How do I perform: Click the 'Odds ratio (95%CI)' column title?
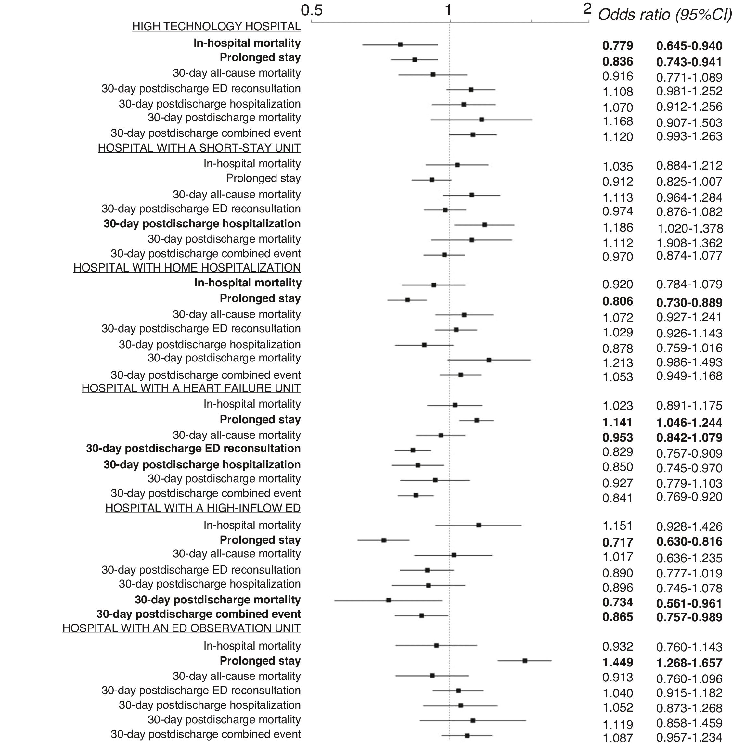tap(665, 15)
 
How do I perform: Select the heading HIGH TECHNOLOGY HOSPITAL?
tap(216, 27)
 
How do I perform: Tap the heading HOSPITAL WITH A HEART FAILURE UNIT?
tap(191, 388)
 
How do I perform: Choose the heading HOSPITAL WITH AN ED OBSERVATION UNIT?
tap(182, 628)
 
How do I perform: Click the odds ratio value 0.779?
tap(617, 46)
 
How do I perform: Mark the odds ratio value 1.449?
tap(617, 663)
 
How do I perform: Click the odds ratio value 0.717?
tap(617, 542)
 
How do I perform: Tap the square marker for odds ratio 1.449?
tap(525, 661)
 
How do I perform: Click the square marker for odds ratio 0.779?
tap(400, 44)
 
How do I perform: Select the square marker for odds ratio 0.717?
tap(384, 540)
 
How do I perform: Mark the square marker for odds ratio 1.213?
tap(489, 360)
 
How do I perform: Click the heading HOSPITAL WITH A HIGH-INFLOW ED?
tap(203, 508)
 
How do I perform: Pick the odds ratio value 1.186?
tap(617, 228)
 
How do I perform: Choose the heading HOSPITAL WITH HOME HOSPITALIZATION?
tap(187, 268)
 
